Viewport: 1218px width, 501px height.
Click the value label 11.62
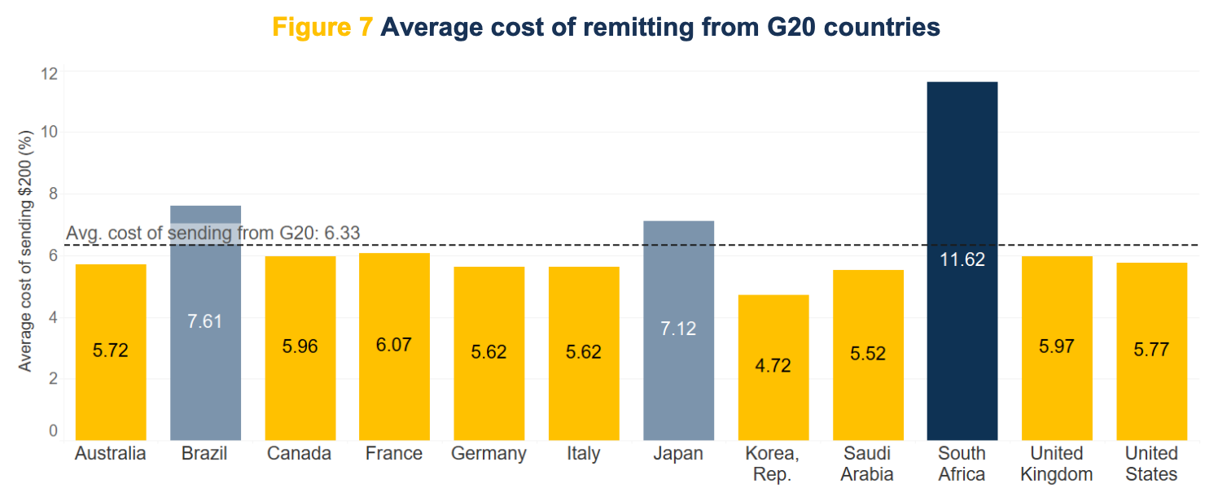click(x=962, y=260)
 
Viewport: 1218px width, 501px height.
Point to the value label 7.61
click(x=204, y=320)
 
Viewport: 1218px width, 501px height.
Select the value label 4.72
click(x=773, y=365)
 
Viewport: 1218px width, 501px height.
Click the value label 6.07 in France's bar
click(x=394, y=345)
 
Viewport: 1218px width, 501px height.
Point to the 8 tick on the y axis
click(x=53, y=194)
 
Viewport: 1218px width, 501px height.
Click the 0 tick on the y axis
click(x=53, y=430)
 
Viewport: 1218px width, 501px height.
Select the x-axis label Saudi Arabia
click(x=867, y=464)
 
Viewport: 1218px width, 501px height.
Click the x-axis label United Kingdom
click(x=1056, y=464)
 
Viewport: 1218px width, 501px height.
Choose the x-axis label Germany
click(x=489, y=454)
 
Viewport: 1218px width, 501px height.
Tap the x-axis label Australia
click(x=110, y=454)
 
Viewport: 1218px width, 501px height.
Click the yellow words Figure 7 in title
click(x=322, y=28)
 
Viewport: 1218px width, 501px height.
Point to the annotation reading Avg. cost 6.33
click(x=212, y=234)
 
